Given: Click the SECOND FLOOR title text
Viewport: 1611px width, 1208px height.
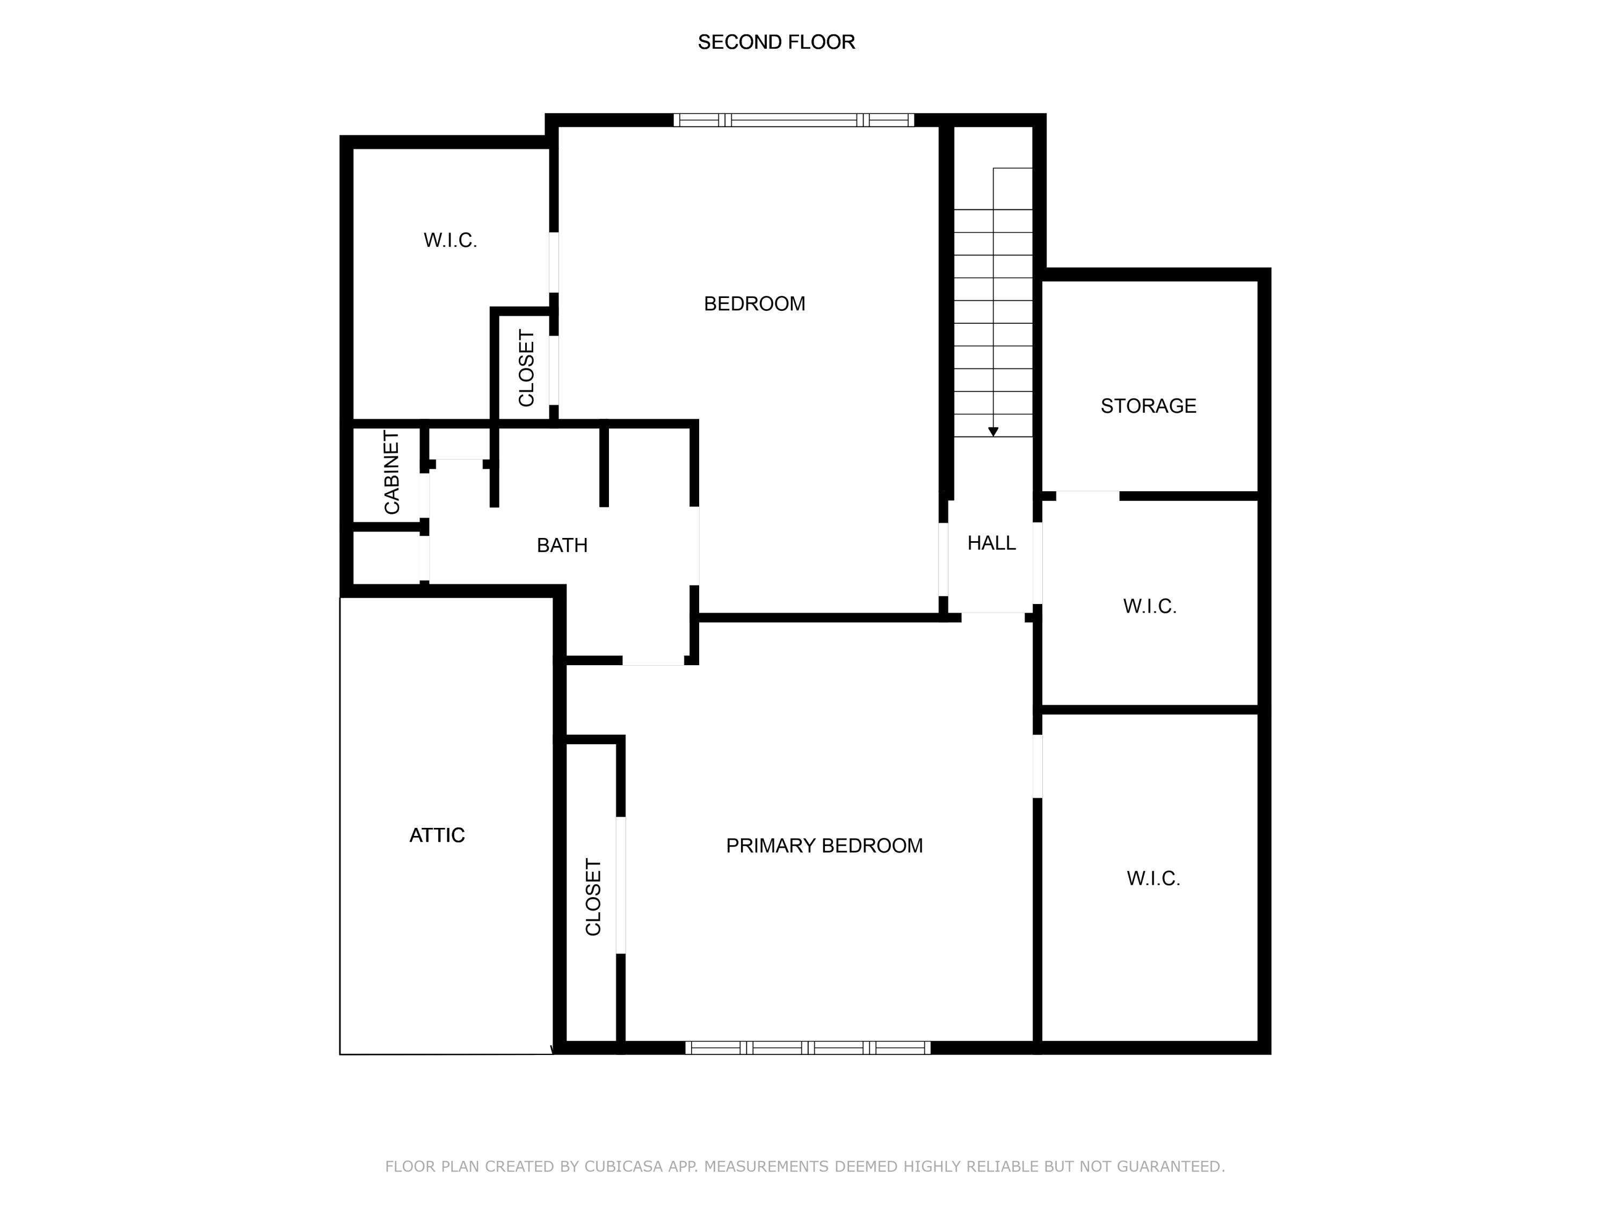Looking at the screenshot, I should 777,42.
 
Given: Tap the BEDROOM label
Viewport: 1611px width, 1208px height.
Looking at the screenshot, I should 754,304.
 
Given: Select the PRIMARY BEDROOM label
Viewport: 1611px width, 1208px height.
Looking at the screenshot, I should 824,846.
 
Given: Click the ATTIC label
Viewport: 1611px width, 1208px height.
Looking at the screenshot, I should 437,835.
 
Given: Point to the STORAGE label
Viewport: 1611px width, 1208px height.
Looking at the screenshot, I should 1149,405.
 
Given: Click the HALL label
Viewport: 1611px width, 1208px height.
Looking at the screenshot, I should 991,542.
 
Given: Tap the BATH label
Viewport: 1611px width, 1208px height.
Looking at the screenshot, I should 562,545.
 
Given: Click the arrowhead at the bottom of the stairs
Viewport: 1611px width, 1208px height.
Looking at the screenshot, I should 993,432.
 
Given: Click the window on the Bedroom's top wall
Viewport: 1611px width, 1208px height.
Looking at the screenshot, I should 793,120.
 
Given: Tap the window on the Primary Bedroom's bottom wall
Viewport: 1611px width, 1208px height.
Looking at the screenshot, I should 808,1048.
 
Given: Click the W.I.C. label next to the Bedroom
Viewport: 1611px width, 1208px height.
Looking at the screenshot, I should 450,241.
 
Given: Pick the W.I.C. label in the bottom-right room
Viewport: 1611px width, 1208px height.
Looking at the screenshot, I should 1153,879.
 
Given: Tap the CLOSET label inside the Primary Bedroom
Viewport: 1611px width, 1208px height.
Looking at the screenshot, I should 593,897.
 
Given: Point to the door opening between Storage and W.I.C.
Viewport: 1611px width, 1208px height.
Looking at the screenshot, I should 1087,496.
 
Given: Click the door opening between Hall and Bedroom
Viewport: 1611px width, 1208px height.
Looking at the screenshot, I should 943,559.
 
